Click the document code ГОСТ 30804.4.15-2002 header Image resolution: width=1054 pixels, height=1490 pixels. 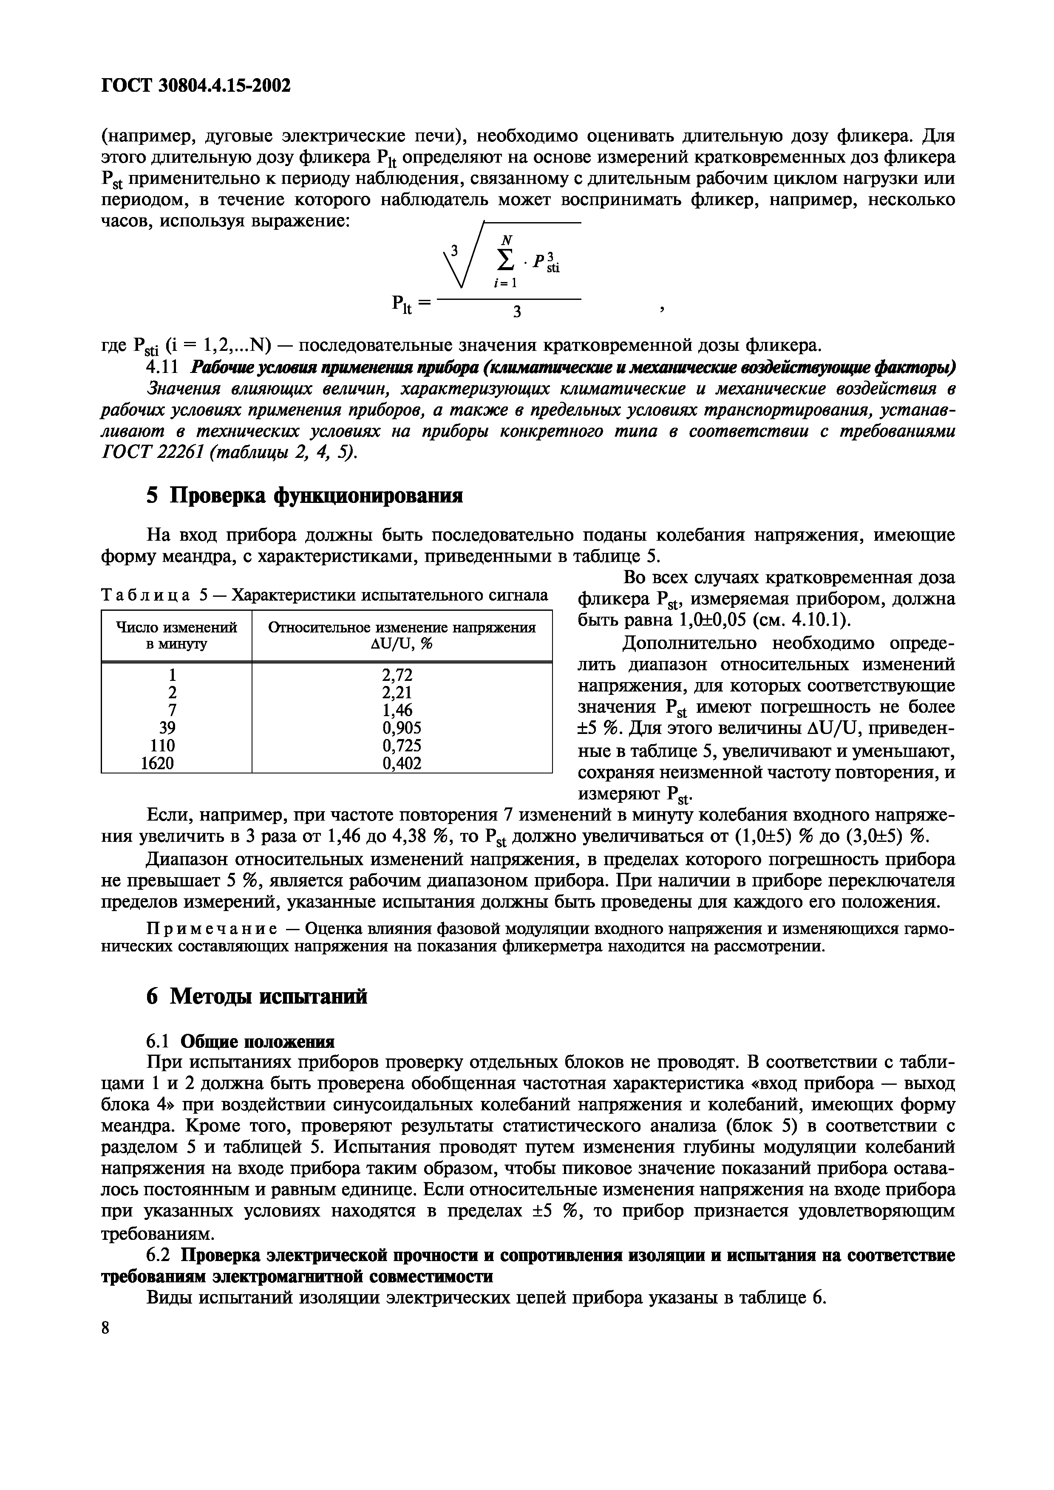pos(195,85)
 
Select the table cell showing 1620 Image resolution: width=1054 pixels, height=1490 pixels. pos(158,763)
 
